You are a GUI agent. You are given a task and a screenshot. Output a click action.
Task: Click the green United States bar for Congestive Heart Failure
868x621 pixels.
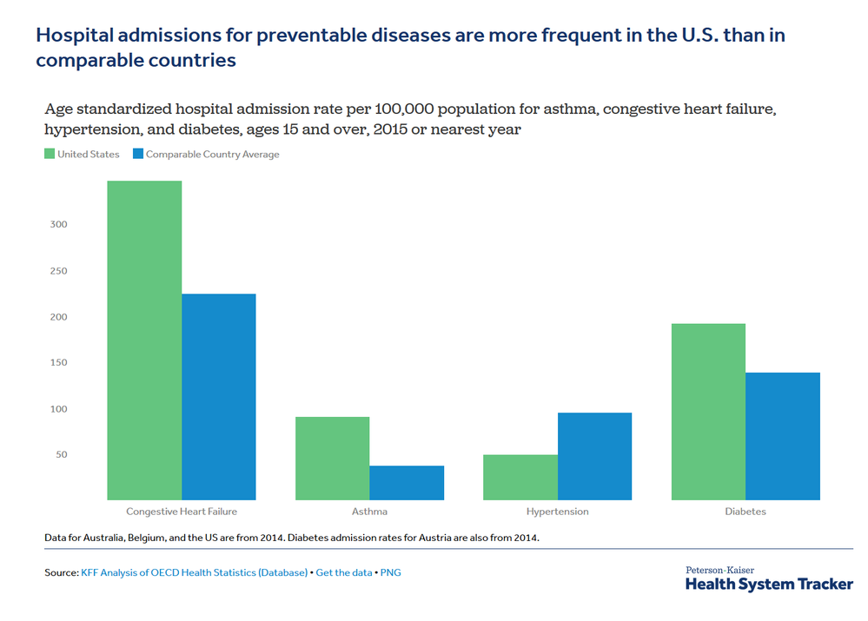[x=144, y=340]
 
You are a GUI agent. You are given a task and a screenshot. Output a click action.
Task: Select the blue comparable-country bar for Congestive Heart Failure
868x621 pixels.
[x=219, y=397]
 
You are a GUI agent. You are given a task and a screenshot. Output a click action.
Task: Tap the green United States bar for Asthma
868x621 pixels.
[x=332, y=459]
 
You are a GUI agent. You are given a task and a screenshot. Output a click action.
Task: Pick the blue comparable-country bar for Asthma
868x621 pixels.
[x=407, y=483]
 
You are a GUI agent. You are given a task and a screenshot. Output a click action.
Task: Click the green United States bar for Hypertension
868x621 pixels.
[x=520, y=477]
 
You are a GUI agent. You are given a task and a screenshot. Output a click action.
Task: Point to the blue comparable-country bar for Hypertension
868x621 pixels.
[x=594, y=456]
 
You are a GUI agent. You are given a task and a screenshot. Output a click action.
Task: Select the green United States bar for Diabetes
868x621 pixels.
[x=709, y=412]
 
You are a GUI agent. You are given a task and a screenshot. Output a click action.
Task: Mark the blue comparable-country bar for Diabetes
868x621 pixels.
[x=783, y=436]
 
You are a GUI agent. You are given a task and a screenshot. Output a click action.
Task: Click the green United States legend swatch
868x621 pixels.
[x=50, y=154]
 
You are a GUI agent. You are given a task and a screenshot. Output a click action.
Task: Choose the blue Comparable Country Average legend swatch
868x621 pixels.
[x=138, y=154]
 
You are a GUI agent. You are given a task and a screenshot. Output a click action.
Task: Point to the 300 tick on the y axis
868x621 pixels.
[x=59, y=224]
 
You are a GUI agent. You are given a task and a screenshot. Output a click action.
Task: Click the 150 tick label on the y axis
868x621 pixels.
[x=59, y=362]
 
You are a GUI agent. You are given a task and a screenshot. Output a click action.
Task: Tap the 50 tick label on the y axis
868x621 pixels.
[x=62, y=454]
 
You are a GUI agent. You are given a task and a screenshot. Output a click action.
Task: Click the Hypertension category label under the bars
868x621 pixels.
[x=558, y=512]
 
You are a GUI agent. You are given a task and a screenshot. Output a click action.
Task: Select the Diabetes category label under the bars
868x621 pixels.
[x=745, y=512]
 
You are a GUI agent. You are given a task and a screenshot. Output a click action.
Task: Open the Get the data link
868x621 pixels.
[x=344, y=573]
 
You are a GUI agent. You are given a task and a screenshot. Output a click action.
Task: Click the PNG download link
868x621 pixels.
[x=390, y=573]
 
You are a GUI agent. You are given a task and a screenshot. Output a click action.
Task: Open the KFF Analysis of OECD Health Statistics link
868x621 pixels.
[x=195, y=573]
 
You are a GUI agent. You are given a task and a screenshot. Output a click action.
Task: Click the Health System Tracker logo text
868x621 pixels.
[x=769, y=585]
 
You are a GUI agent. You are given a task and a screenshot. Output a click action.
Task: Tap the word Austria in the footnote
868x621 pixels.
[x=434, y=538]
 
